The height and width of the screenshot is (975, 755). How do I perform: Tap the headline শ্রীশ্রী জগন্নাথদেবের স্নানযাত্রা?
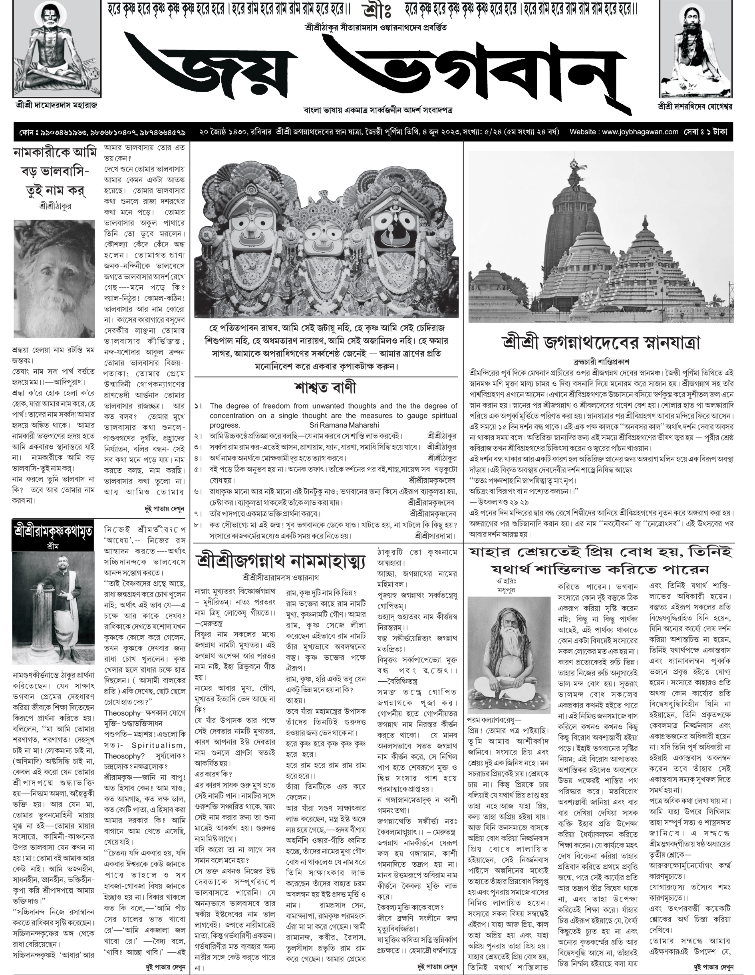point(601,343)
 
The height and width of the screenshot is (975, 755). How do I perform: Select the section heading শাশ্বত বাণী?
point(325,388)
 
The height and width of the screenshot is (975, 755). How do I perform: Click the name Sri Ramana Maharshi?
point(344,425)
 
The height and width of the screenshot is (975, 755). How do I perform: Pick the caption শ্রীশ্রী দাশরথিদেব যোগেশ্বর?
point(694,106)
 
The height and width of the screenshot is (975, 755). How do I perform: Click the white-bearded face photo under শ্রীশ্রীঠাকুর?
point(54,279)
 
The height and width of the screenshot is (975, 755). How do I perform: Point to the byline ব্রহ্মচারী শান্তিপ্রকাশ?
point(601,361)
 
